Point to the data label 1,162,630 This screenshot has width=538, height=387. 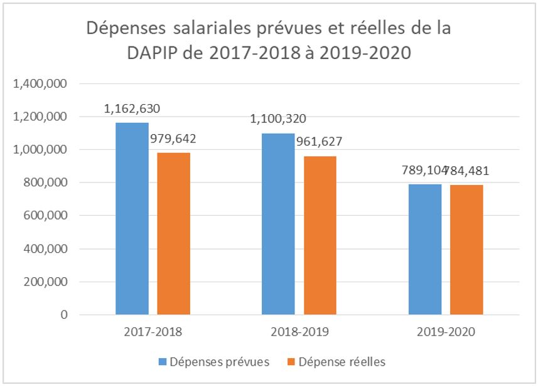coord(132,109)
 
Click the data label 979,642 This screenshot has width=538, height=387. coord(173,139)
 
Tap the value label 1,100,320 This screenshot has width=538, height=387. coord(278,119)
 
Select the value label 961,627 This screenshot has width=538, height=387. coord(320,142)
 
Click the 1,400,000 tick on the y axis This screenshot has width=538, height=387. coord(40,84)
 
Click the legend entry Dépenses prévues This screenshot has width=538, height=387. coord(223,362)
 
